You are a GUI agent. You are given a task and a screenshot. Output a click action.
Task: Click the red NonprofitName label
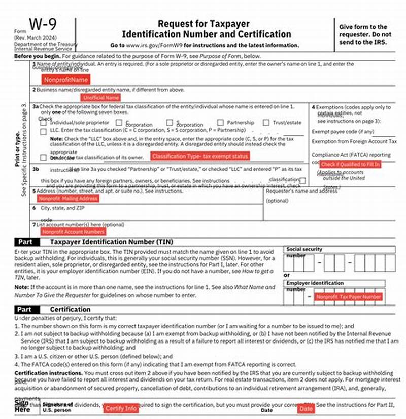pos(66,80)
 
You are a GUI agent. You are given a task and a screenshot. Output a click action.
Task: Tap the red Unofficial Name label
pos(100,97)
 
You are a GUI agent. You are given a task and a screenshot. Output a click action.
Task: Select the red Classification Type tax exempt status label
pos(200,156)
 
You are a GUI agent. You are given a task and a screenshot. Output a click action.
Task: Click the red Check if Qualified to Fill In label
pos(350,164)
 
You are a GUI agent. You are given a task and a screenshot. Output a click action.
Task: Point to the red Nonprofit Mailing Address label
pos(68,199)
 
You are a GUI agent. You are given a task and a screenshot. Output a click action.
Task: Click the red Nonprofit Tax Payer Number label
pos(348,297)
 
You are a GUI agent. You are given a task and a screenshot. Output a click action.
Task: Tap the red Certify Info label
pos(121,408)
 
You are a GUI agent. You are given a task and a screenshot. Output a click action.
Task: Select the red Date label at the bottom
pos(306,408)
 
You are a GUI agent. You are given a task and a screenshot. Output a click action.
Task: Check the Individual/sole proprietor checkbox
pos(43,123)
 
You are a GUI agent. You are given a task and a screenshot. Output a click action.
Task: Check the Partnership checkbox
pos(220,123)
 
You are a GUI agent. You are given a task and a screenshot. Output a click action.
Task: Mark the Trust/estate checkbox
pos(266,123)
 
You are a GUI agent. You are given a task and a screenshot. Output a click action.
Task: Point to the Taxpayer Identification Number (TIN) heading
pos(111,242)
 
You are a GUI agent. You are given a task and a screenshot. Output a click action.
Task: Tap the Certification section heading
pos(70,309)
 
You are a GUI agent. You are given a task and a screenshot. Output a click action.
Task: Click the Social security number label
pos(304,249)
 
